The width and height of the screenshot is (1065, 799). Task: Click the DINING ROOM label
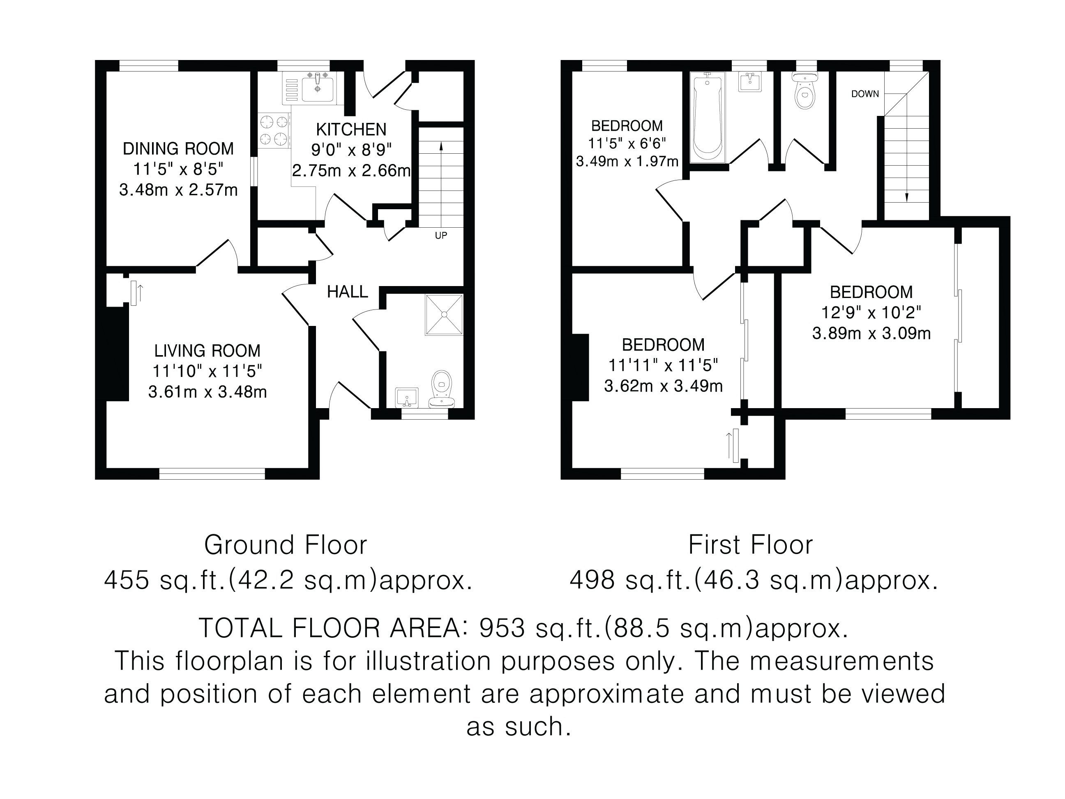pos(178,149)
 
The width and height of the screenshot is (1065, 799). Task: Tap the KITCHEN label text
pos(351,129)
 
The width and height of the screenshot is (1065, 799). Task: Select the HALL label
pos(347,291)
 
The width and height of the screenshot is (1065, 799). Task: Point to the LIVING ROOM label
pos(207,351)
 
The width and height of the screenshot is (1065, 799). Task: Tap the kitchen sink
pos(317,87)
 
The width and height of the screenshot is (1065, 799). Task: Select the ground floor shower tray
pos(444,314)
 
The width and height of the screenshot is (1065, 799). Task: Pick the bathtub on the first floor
pos(707,117)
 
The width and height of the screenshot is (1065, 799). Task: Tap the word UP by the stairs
pos(441,236)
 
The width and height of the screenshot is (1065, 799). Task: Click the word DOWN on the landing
pos(865,94)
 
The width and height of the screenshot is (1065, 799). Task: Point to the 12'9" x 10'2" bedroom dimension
pos(871,312)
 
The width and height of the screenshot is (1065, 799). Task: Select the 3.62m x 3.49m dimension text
pos(663,386)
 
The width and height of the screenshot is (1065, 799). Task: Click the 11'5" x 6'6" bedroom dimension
pos(627,143)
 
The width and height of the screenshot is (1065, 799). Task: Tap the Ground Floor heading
pos(286,545)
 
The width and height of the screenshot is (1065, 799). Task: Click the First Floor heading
pos(750,545)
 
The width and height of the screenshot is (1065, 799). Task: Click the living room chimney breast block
pos(118,354)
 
